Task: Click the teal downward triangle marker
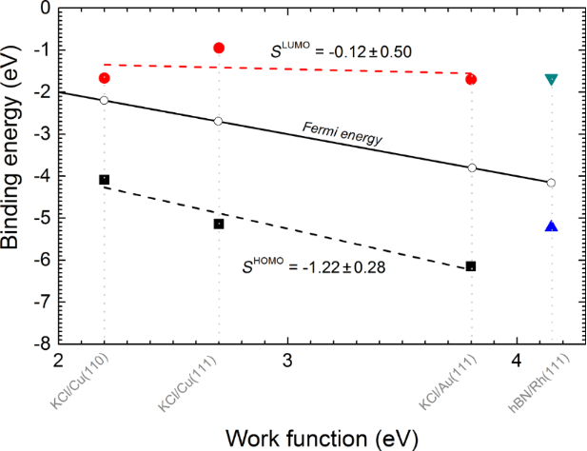click(551, 79)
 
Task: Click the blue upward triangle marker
click(551, 226)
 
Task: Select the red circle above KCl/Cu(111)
click(219, 48)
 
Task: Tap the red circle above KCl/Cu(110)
click(104, 78)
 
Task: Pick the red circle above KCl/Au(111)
click(471, 79)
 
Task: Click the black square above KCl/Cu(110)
click(104, 180)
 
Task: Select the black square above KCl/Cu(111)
click(219, 224)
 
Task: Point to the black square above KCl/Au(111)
click(471, 266)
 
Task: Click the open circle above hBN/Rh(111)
click(551, 183)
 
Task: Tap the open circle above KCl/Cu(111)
click(219, 121)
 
